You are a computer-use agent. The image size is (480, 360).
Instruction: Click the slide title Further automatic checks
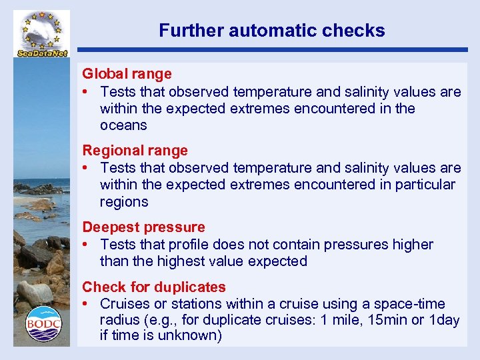[x=271, y=31]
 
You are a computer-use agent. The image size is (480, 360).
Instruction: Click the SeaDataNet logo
[x=41, y=34]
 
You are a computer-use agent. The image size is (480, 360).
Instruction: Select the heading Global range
[x=127, y=74]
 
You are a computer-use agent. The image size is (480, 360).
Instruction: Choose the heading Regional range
[x=135, y=151]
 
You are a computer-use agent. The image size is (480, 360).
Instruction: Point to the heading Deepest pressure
[x=143, y=227]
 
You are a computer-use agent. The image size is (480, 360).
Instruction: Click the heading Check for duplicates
[x=154, y=287]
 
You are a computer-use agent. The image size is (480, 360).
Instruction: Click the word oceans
[x=123, y=125]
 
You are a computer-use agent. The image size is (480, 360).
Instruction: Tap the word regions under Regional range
[x=124, y=201]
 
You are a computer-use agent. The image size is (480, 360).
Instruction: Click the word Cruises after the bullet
[x=125, y=303]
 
